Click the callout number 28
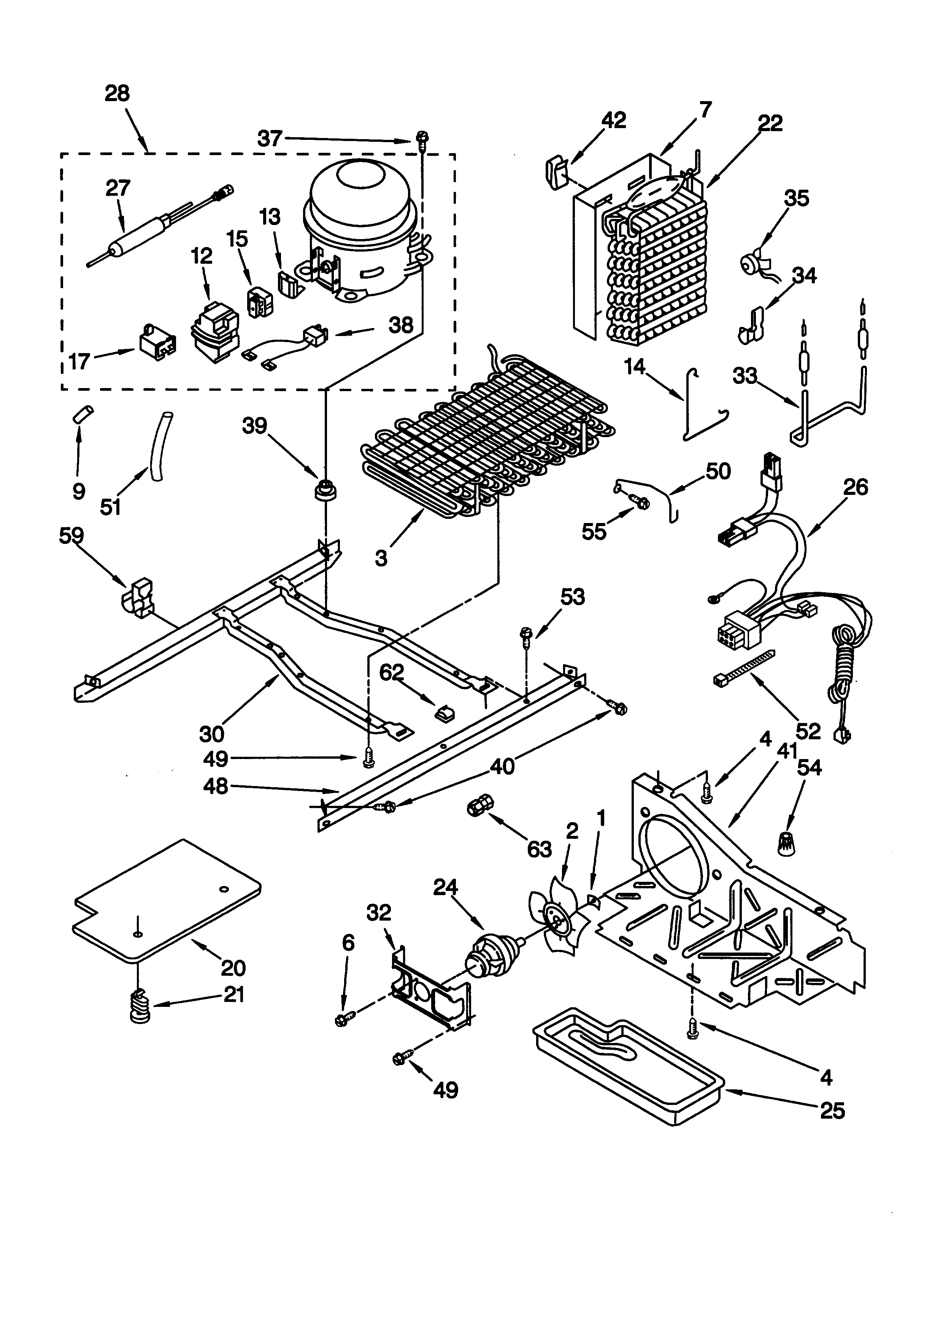(117, 94)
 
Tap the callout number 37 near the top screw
(270, 138)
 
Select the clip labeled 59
(138, 596)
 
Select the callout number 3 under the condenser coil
(381, 558)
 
